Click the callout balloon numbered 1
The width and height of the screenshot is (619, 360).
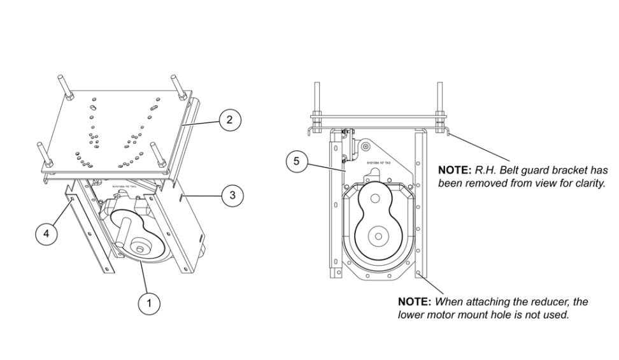click(x=149, y=303)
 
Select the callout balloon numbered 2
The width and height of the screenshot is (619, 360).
click(x=230, y=119)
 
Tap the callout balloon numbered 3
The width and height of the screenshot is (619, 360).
click(x=232, y=196)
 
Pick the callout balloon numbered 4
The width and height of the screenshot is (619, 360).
click(x=45, y=234)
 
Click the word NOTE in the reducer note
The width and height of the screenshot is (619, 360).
click(x=415, y=301)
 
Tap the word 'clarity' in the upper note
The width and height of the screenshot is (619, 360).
click(x=587, y=183)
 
